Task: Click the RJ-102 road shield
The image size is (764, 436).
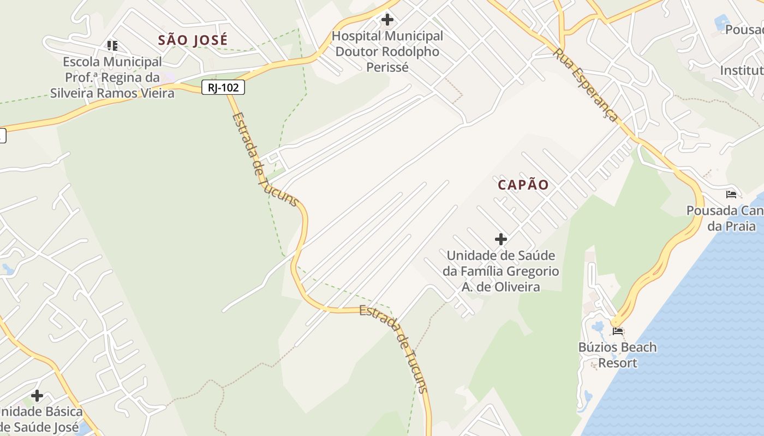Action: (223, 87)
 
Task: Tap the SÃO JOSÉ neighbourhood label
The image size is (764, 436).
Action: (193, 40)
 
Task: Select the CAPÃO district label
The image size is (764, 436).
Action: (523, 185)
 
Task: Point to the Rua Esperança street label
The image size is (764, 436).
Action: (586, 85)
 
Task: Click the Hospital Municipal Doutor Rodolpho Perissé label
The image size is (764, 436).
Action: (387, 52)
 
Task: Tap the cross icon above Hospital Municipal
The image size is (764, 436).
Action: (387, 20)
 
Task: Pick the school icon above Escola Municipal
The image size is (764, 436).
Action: (112, 45)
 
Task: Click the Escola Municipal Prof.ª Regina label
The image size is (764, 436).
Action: (112, 77)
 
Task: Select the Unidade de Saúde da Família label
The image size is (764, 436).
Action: (501, 271)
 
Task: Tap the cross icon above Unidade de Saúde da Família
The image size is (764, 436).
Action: (501, 239)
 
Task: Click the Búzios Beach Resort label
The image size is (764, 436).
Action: (618, 355)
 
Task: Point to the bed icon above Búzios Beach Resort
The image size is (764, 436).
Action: (618, 331)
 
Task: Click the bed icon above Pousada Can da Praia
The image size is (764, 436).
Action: (731, 194)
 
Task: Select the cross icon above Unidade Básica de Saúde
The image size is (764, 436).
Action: (37, 395)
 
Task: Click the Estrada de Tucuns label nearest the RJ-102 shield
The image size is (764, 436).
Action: (265, 160)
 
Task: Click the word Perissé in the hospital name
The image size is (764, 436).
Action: (387, 68)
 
